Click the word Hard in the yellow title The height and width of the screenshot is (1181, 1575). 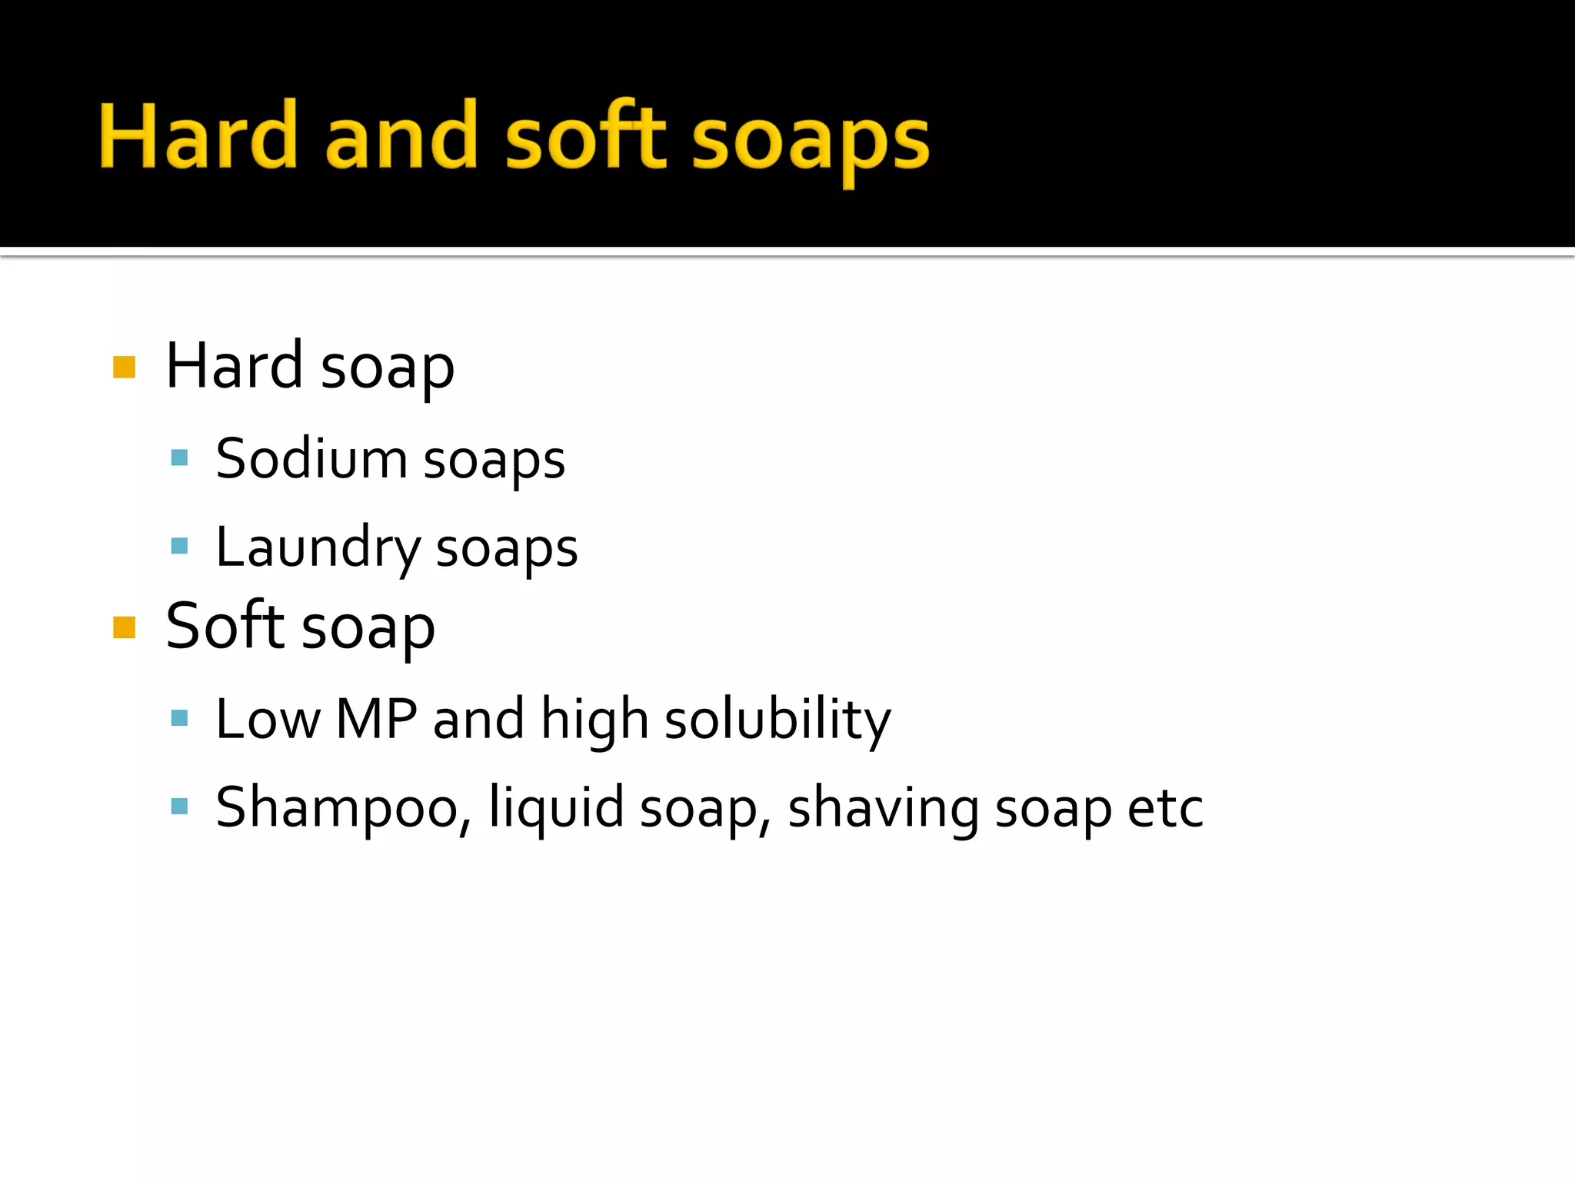tap(198, 137)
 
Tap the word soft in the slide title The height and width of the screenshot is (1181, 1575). tap(586, 137)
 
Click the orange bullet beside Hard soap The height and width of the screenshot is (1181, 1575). tap(124, 367)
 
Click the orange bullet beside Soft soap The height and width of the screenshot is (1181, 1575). tap(124, 627)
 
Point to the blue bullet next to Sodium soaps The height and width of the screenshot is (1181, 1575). tap(179, 458)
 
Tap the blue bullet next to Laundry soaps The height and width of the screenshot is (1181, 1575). tap(179, 546)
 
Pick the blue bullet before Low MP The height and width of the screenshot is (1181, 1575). tap(179, 718)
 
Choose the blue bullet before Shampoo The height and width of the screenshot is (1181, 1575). tap(179, 806)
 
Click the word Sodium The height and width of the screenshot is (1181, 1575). tap(311, 459)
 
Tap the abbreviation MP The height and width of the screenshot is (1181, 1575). tap(376, 719)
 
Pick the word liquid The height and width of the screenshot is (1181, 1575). tap(555, 808)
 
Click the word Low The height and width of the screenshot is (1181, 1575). tap(268, 719)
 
